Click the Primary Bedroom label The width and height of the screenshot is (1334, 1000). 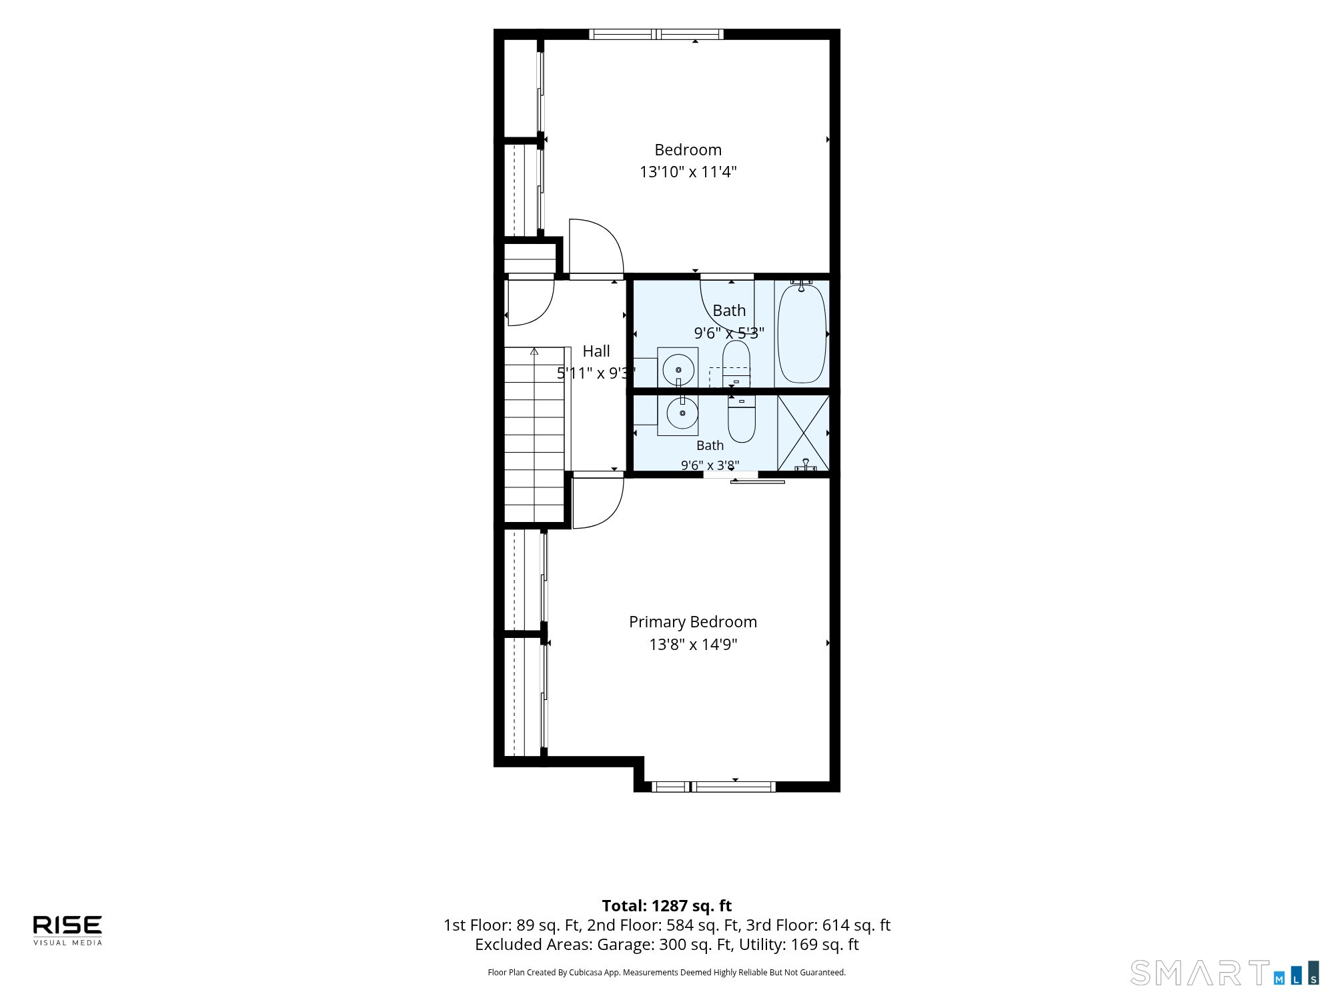[x=693, y=622]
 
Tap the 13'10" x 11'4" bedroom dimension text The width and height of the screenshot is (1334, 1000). [x=688, y=172]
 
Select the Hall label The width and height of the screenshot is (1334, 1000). [x=596, y=351]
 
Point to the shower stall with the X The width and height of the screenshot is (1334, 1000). [x=803, y=433]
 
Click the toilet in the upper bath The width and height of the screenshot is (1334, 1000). [x=736, y=364]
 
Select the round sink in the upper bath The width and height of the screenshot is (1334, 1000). [x=678, y=369]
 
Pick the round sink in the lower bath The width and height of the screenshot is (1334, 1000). [x=682, y=414]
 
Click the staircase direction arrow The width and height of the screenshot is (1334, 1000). [x=534, y=351]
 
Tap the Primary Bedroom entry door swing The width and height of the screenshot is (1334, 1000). [x=598, y=501]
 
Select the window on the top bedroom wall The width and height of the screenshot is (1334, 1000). [x=656, y=34]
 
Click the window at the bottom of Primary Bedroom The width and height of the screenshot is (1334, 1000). [x=714, y=787]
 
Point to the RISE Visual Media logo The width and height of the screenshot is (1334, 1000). [x=68, y=930]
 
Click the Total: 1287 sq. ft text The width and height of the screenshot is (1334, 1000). [x=667, y=906]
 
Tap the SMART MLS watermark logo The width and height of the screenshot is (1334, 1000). [x=1225, y=973]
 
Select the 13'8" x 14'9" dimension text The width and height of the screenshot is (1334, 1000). [x=693, y=645]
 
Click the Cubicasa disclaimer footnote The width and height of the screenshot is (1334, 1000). [x=667, y=973]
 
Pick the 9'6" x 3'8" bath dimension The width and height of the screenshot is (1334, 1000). [x=710, y=465]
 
